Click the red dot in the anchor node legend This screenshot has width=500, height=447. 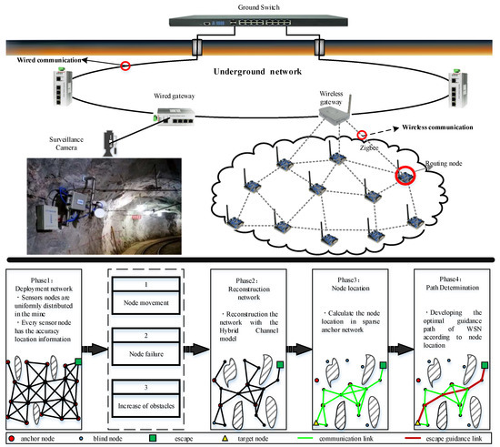pos(10,437)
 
